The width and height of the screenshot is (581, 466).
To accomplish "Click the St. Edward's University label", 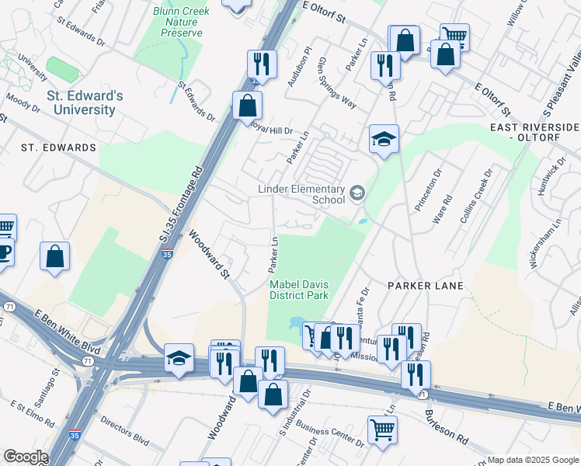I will [85, 103].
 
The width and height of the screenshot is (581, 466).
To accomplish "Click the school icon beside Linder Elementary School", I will [357, 193].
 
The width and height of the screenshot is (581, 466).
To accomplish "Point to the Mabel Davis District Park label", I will [299, 290].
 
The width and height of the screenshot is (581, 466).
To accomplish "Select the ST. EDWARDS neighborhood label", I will [58, 148].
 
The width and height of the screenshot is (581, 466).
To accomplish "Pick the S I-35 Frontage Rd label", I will [181, 203].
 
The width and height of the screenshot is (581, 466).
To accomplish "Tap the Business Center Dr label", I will [331, 434].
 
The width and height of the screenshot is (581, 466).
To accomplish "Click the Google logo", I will [25, 457].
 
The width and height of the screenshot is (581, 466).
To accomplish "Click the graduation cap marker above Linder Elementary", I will [384, 139].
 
